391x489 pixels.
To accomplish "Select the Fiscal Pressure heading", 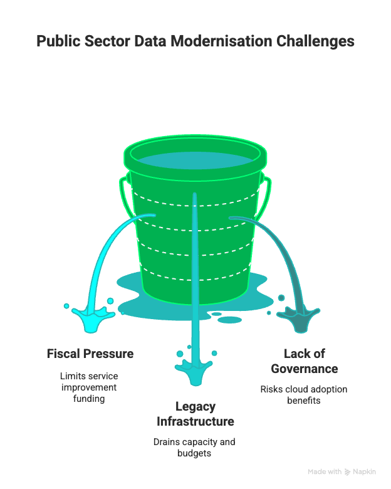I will [x=90, y=354].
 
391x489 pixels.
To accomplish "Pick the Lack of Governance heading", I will [x=304, y=361].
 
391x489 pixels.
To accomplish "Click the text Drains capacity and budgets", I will [x=194, y=447].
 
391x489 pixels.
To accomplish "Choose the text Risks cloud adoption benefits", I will [x=304, y=394].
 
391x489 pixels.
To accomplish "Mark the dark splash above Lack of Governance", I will [x=300, y=315].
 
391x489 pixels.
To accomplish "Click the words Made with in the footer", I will [x=324, y=471].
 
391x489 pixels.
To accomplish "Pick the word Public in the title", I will [x=57, y=41].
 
